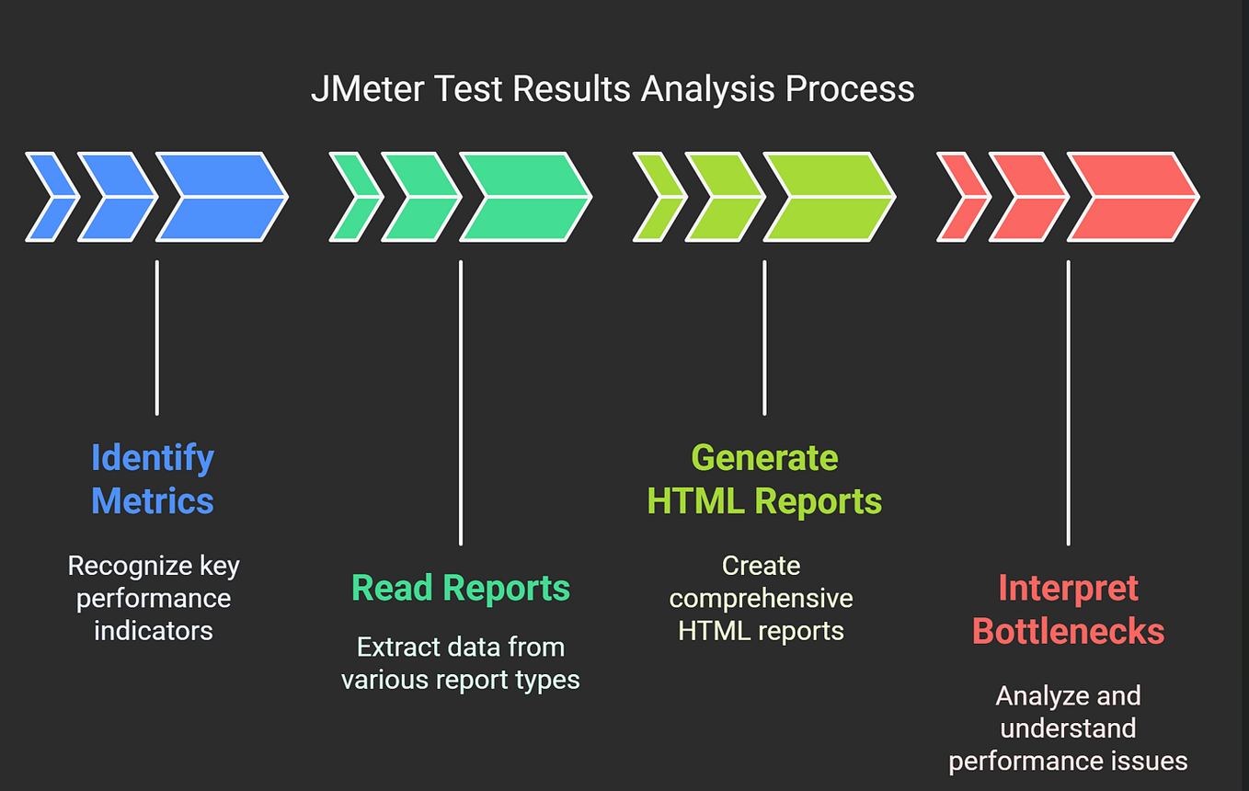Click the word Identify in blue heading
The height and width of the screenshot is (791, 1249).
pyautogui.click(x=153, y=458)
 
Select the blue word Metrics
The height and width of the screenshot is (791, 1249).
pyautogui.click(x=153, y=501)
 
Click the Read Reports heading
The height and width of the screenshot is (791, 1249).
pyautogui.click(x=461, y=588)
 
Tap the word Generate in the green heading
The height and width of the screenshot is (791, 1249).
pyautogui.click(x=764, y=458)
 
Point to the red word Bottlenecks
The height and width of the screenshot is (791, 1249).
pyautogui.click(x=1068, y=632)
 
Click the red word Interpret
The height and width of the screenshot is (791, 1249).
pyautogui.click(x=1068, y=588)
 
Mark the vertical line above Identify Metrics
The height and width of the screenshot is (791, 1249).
pyautogui.click(x=157, y=338)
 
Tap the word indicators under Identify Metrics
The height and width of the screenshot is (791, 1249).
pyautogui.click(x=153, y=631)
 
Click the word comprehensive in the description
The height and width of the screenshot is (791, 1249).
pyautogui.click(x=761, y=598)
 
